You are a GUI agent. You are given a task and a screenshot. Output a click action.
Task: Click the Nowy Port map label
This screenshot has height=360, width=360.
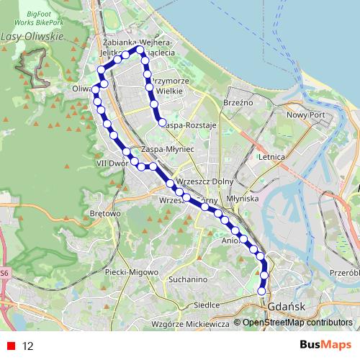click(307, 114)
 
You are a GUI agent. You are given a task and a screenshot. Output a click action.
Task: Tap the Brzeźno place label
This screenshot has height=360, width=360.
click(237, 103)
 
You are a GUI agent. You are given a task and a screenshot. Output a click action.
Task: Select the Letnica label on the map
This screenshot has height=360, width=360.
click(272, 156)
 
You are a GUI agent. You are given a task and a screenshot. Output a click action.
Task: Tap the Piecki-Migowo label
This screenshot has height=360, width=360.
click(126, 271)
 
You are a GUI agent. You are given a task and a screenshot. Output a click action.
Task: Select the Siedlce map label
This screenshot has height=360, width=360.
click(207, 305)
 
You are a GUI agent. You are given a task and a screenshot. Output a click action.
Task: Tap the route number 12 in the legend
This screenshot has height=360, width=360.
click(28, 346)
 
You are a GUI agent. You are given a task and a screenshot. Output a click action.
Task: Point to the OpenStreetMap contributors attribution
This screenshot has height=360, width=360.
click(297, 323)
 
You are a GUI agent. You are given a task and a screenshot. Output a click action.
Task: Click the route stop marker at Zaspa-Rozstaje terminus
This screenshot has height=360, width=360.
click(163, 122)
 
